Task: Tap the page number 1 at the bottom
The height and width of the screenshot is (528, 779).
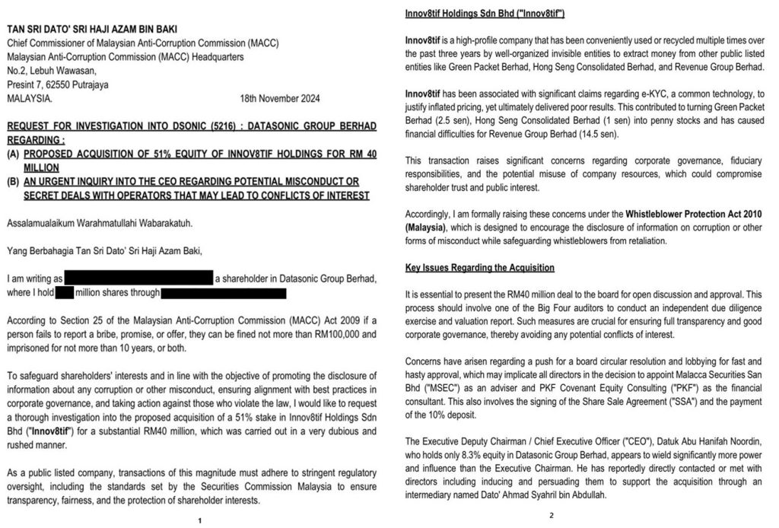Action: click(199, 520)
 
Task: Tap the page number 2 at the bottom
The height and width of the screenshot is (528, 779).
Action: click(551, 515)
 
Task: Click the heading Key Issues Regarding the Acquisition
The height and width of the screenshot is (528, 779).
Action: click(479, 268)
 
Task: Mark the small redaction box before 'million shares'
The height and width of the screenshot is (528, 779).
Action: click(65, 292)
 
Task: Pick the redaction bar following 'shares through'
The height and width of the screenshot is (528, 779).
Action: click(224, 292)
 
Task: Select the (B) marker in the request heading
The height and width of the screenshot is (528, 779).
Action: click(13, 183)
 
